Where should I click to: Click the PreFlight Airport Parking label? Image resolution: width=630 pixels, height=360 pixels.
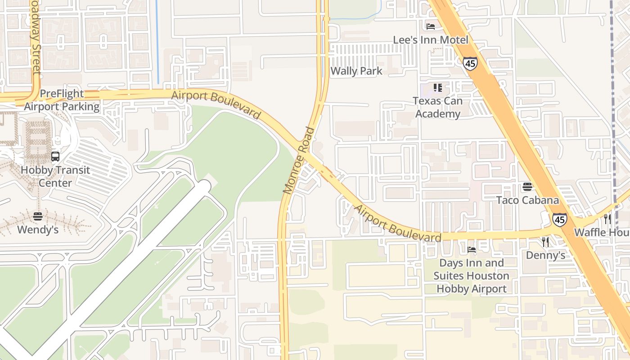62,100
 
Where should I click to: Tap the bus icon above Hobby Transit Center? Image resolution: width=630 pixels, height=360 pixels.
55,157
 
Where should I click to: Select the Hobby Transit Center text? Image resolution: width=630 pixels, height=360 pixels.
55,176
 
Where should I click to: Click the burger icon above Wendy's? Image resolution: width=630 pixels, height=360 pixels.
38,216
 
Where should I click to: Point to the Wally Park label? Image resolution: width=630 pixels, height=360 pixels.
356,71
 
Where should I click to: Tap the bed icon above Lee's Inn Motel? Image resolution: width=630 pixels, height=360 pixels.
431,26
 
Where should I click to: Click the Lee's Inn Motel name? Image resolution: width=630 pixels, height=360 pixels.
431,40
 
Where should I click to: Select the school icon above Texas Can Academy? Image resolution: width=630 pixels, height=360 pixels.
438,87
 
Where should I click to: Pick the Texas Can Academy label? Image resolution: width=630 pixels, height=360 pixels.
438,107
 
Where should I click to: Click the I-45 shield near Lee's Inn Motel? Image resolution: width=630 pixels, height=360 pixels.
470,63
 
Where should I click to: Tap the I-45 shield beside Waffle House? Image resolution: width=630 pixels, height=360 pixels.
560,220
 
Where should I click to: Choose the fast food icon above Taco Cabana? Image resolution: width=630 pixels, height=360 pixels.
527,186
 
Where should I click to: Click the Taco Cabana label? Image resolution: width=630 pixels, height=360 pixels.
527,200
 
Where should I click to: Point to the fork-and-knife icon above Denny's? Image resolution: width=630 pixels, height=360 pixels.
545,242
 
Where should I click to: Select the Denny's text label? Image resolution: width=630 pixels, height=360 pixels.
545,256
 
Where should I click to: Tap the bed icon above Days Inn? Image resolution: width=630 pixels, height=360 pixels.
472,249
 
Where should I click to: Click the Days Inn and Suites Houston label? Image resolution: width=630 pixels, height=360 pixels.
472,269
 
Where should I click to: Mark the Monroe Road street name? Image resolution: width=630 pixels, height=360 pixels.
299,161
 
